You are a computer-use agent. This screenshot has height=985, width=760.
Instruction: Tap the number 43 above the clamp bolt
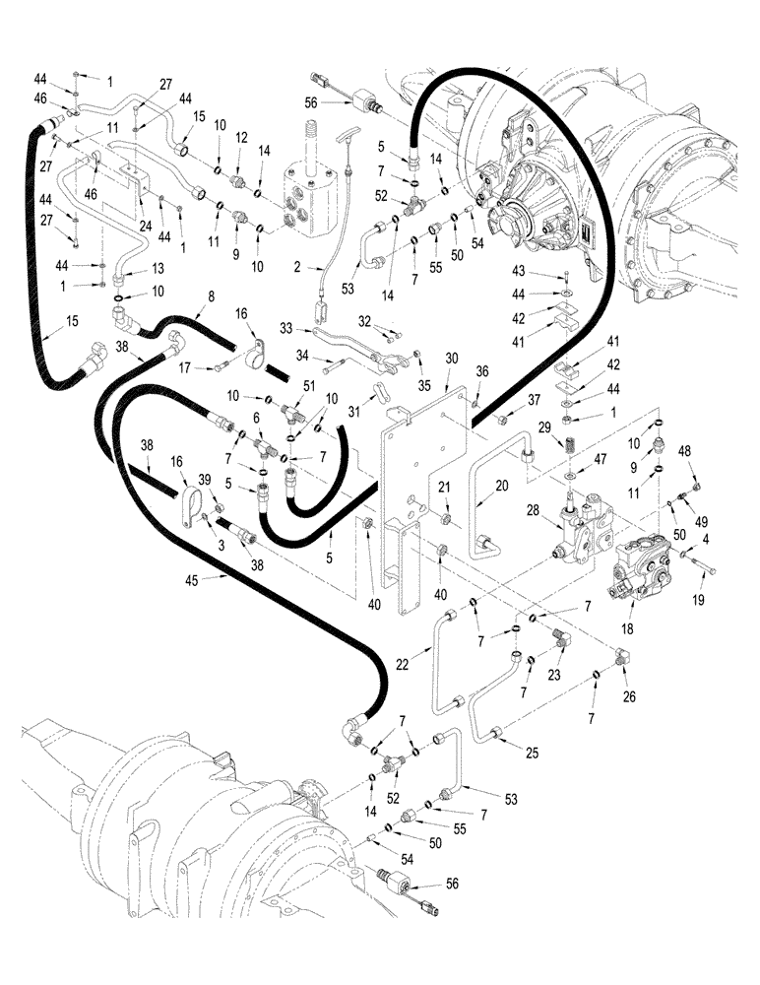(x=543, y=272)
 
